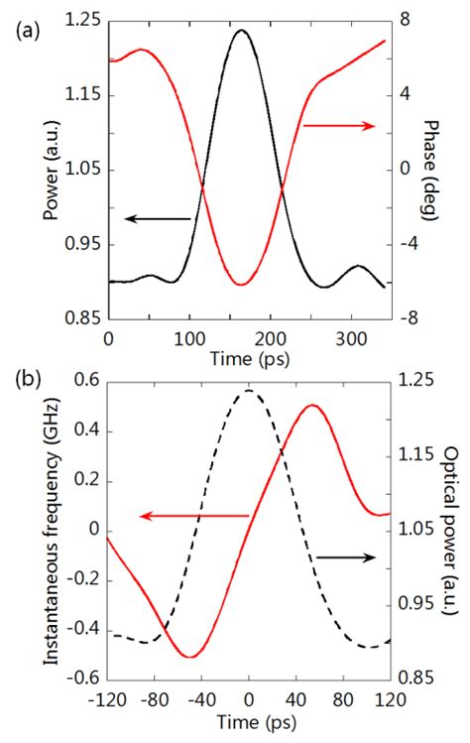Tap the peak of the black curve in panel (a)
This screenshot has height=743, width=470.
[240, 30]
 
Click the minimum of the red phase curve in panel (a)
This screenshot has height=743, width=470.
[240, 285]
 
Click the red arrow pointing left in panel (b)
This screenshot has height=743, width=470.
[192, 516]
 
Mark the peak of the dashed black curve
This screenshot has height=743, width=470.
[248, 391]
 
